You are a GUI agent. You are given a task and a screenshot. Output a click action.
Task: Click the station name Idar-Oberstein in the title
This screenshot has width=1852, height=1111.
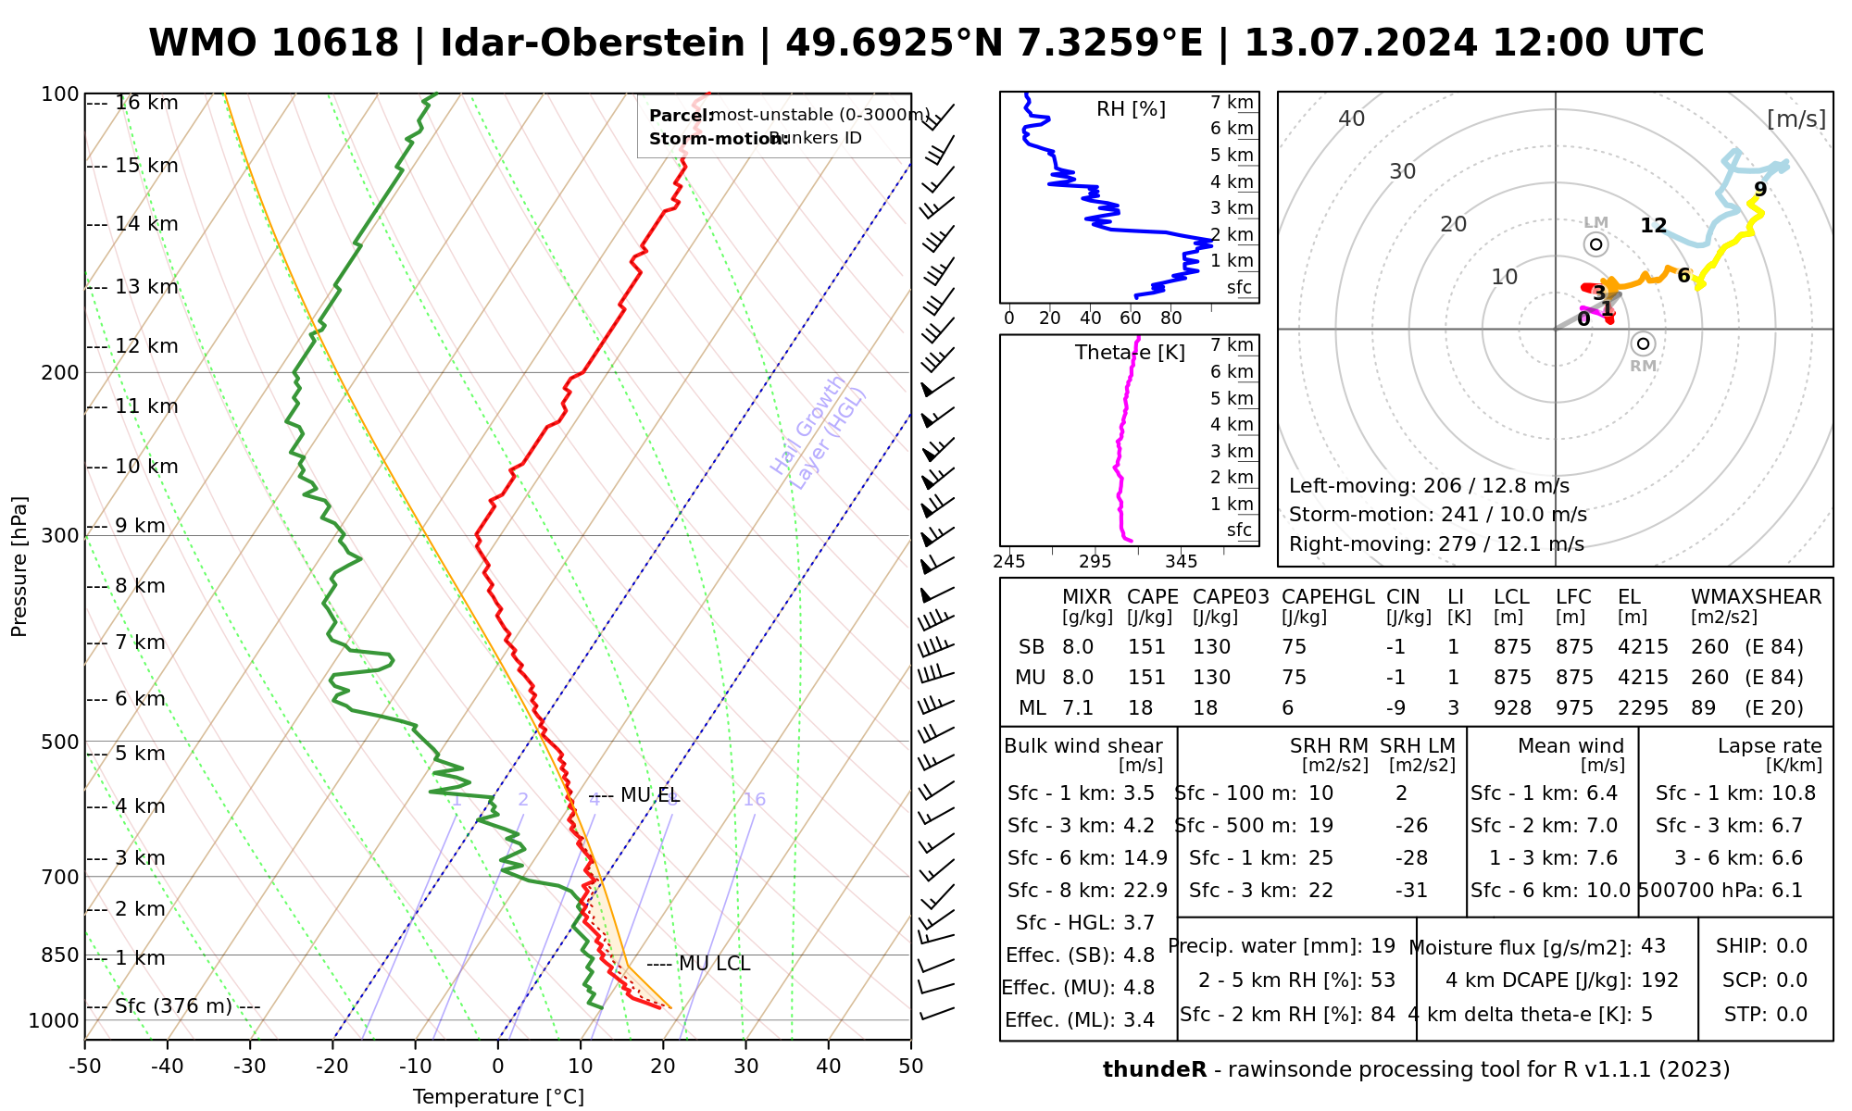pos(593,44)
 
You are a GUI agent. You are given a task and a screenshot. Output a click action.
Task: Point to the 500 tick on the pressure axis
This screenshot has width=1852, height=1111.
pos(62,742)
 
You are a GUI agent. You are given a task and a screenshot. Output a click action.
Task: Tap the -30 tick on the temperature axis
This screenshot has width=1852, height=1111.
pos(250,1067)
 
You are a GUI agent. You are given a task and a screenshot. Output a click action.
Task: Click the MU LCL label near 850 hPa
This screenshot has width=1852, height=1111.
pos(714,964)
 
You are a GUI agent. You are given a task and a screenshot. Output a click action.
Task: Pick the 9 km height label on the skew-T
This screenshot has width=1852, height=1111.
pos(140,526)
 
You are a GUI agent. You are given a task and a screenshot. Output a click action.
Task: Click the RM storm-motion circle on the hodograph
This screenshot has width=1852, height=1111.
pos(1643,344)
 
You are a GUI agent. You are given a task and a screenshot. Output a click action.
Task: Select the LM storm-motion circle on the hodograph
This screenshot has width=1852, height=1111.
pos(1595,244)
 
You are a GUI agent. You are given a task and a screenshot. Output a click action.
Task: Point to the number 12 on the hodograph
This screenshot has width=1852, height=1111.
pos(1653,225)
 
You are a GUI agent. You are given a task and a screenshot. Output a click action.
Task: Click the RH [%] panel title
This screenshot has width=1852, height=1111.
pos(1131,109)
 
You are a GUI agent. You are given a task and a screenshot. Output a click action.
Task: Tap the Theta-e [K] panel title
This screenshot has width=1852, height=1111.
pos(1130,353)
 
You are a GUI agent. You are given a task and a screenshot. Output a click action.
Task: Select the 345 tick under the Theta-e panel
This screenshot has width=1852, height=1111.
pos(1181,562)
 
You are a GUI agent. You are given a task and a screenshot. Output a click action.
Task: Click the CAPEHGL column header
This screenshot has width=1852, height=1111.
pos(1327,597)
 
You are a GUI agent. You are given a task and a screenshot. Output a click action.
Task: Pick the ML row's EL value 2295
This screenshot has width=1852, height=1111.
pos(1643,708)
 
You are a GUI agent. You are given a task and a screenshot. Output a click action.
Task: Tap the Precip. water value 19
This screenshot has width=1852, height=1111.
pos(1383,946)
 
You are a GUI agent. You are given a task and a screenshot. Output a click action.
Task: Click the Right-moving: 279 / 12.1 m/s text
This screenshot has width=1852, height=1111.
pos(1436,543)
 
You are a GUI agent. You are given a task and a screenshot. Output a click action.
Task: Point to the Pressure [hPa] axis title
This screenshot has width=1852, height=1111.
pos(19,567)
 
